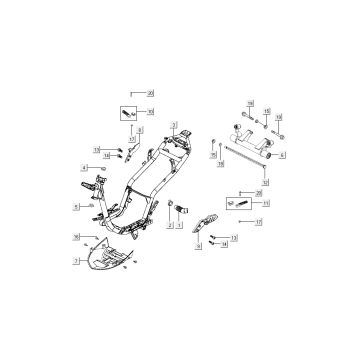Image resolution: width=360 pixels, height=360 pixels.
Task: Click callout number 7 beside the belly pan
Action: (x=77, y=259)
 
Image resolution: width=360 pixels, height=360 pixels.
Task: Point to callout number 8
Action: (x=140, y=130)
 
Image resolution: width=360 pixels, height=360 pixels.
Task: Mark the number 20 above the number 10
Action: (x=151, y=92)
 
